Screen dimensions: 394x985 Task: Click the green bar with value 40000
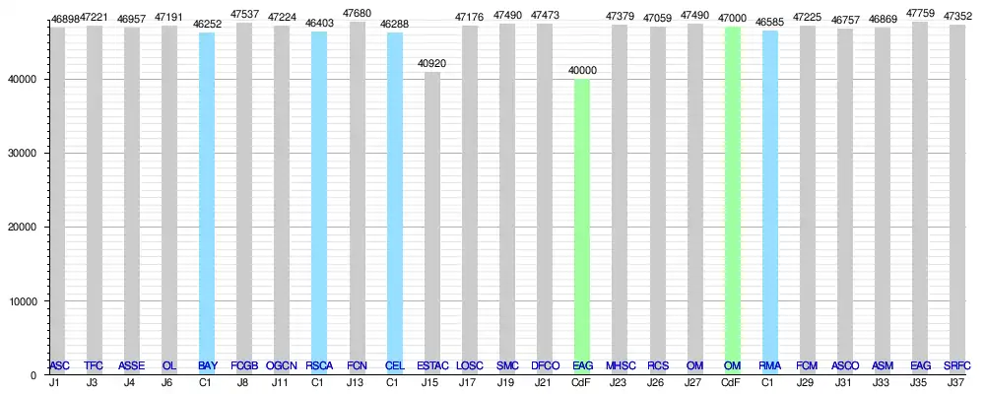click(x=582, y=227)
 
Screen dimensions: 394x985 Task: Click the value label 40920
click(x=432, y=64)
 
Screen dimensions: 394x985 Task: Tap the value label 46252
click(x=207, y=23)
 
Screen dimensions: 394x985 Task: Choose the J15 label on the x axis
click(x=432, y=382)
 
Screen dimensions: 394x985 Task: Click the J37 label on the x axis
click(x=956, y=382)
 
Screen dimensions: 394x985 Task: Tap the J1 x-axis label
click(x=58, y=382)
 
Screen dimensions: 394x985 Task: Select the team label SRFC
click(x=956, y=366)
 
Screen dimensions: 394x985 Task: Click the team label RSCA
click(x=319, y=366)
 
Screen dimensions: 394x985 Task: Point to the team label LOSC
click(x=470, y=366)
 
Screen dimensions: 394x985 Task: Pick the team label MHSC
click(x=620, y=366)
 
